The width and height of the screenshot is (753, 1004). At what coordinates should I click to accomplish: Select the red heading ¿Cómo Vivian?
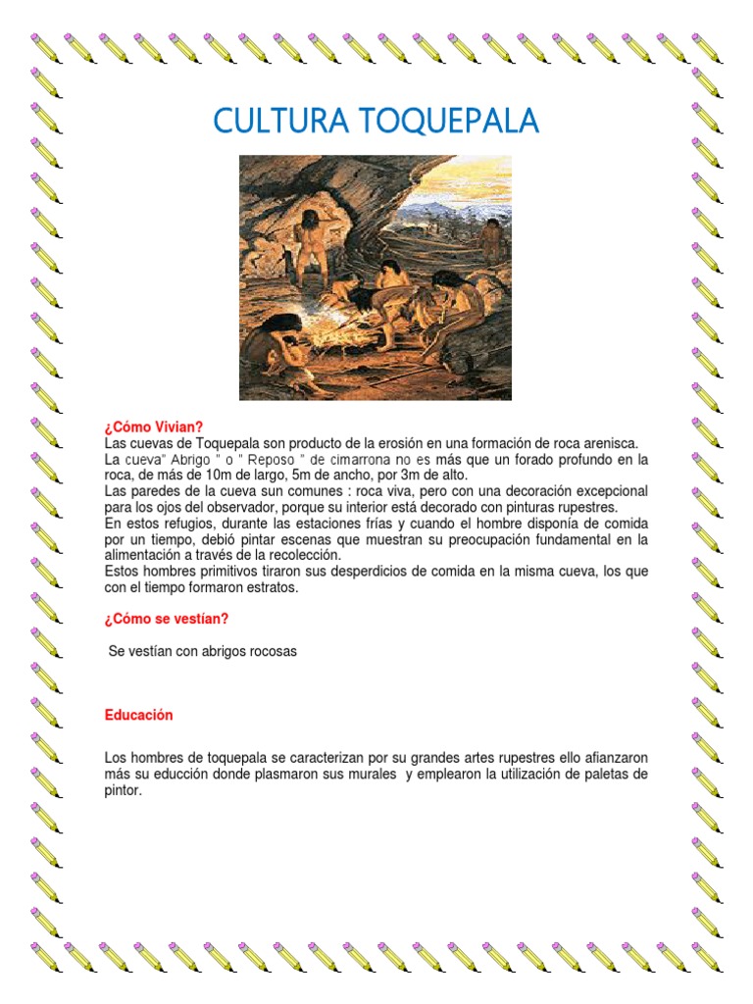(154, 427)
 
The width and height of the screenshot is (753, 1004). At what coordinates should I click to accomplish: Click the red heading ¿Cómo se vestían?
(167, 619)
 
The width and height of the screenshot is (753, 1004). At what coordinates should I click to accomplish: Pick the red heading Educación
(138, 715)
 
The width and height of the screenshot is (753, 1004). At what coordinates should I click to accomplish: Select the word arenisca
(610, 443)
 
